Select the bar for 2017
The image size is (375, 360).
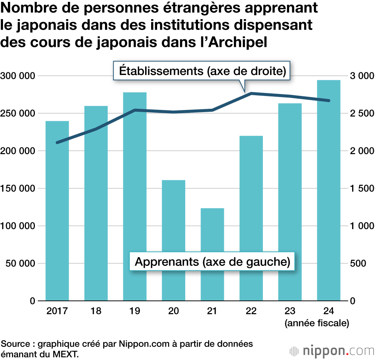coord(57,210)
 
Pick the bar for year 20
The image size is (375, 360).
coord(173,240)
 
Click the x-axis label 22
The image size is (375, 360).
coord(251,311)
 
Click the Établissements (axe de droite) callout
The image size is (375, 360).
coord(202,70)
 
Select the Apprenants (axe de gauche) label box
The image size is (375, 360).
coord(212,262)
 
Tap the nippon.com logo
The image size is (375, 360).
coord(332,351)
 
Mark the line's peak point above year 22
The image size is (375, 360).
coord(251,93)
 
